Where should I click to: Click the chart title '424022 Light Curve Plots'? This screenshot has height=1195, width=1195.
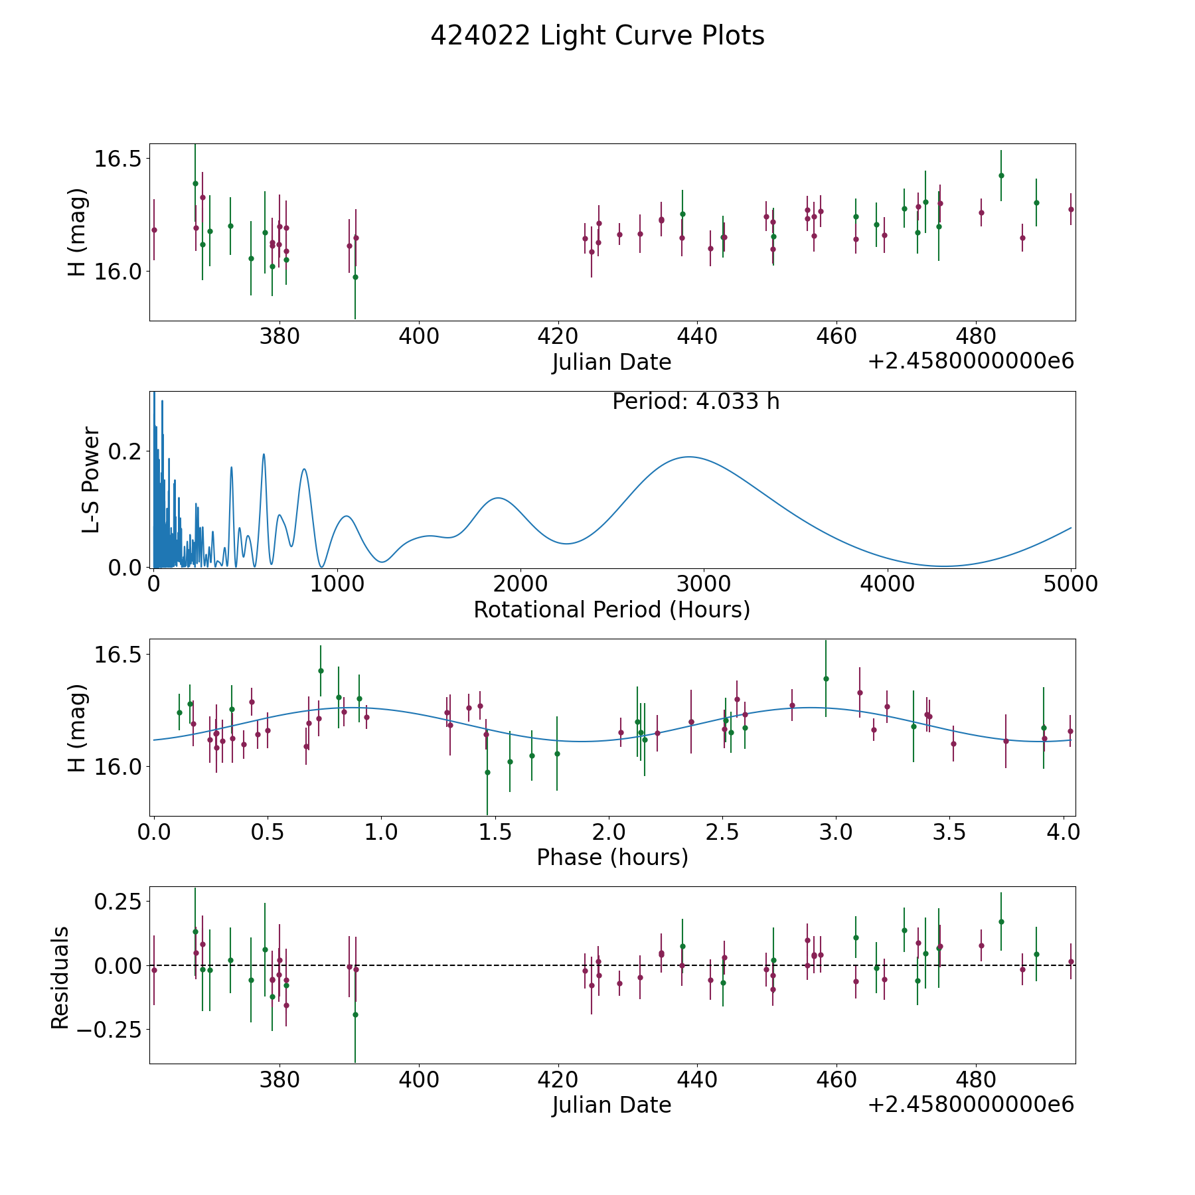pyautogui.click(x=597, y=36)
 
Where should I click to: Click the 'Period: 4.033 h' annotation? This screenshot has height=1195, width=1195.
pyautogui.click(x=696, y=402)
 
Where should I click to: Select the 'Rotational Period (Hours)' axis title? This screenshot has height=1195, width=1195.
pyautogui.click(x=611, y=609)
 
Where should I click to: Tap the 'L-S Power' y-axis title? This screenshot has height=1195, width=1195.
pyautogui.click(x=91, y=480)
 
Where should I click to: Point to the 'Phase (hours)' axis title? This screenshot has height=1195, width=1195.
pyautogui.click(x=612, y=857)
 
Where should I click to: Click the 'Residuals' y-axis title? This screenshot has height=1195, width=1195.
pyautogui.click(x=60, y=978)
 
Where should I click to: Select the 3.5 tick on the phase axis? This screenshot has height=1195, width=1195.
pyautogui.click(x=949, y=832)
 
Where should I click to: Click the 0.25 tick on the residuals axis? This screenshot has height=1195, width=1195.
pyautogui.click(x=118, y=902)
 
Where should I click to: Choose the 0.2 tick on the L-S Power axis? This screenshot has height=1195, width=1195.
pyautogui.click(x=126, y=451)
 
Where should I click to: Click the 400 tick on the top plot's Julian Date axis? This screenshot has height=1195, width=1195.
pyautogui.click(x=419, y=337)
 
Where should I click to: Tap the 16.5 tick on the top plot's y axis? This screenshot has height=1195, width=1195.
pyautogui.click(x=118, y=159)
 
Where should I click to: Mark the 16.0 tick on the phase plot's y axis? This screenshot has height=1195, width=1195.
pyautogui.click(x=118, y=767)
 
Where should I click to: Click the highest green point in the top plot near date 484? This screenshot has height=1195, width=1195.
pyautogui.click(x=1001, y=175)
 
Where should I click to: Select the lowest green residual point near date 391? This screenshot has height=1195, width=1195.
pyautogui.click(x=355, y=1014)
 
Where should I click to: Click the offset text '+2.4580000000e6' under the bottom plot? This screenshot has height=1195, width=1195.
pyautogui.click(x=971, y=1105)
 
